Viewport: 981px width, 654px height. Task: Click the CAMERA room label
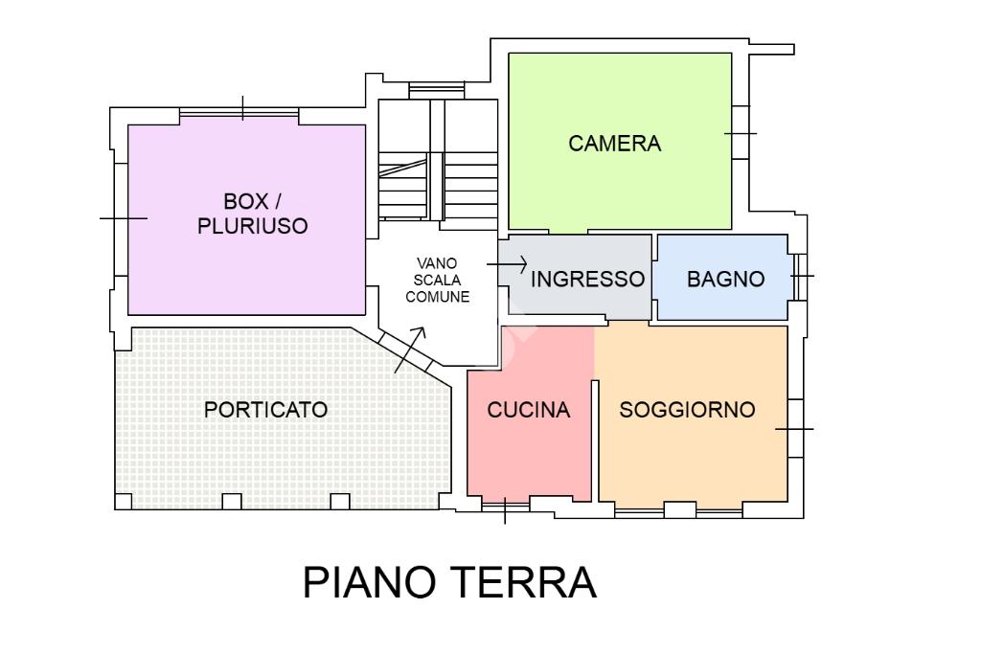point(614,144)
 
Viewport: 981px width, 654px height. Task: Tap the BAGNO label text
point(726,279)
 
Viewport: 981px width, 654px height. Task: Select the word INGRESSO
point(587,279)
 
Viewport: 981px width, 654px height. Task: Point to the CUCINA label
point(529,410)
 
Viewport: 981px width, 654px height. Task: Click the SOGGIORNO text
point(687,410)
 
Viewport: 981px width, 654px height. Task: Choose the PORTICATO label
point(266,410)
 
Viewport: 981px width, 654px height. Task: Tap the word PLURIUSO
point(253,226)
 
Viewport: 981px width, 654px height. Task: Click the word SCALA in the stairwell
point(437,281)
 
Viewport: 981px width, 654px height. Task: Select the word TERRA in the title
point(524,582)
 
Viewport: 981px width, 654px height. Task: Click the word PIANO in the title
point(369,582)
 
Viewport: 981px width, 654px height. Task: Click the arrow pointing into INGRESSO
point(507,264)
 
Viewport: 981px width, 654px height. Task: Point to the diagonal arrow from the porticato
point(410,350)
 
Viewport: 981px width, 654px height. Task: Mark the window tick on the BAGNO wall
point(802,276)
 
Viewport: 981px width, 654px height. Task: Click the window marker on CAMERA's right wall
point(741,133)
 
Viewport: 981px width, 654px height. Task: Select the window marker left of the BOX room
point(124,218)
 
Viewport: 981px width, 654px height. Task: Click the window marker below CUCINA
point(505,510)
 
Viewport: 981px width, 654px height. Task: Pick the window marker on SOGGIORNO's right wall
point(794,429)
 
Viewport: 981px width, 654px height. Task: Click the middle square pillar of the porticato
point(232,502)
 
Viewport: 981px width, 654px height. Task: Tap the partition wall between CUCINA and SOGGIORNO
point(595,440)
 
